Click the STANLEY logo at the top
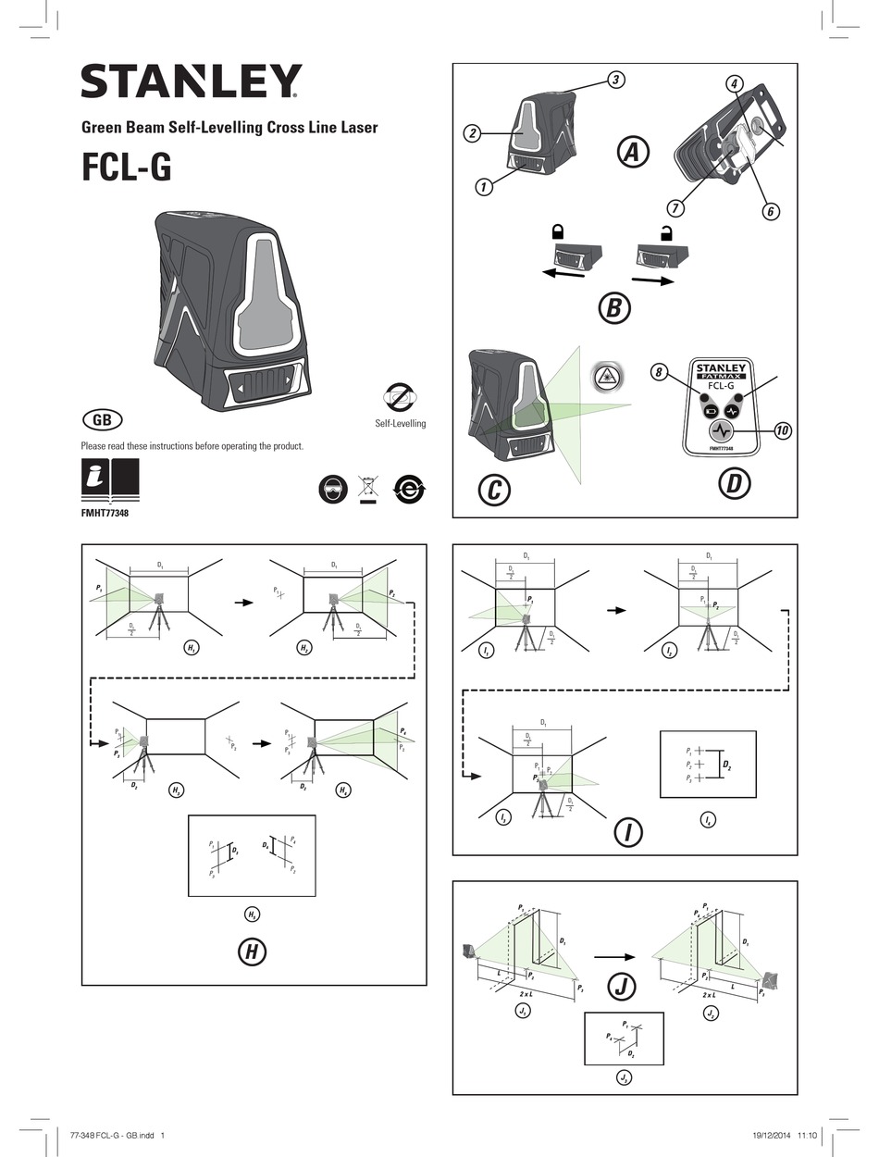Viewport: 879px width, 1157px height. pos(191,82)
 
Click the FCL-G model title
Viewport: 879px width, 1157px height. pos(126,168)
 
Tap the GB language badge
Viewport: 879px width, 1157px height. pos(102,419)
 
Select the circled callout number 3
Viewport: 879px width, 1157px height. pos(615,80)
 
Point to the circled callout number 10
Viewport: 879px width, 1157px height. pos(782,430)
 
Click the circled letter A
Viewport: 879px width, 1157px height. pos(633,152)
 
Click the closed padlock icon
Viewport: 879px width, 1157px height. pos(558,231)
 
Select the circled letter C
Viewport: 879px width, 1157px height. pos(493,490)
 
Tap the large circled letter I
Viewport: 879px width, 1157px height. pos(628,832)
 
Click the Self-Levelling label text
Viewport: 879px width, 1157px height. pos(400,424)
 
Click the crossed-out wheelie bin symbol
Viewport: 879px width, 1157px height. pos(368,490)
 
